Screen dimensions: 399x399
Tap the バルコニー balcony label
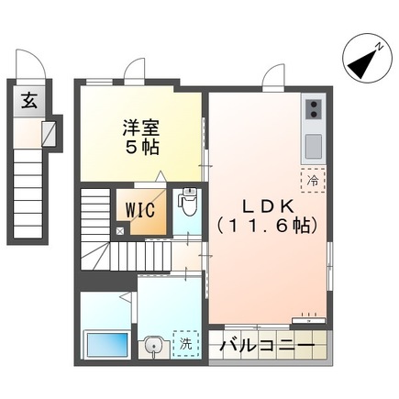[x=271, y=349]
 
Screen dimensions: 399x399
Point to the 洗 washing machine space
[x=185, y=346]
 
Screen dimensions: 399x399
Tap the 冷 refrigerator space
[x=312, y=181]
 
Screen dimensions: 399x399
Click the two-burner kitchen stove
[x=312, y=110]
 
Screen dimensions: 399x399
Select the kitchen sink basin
[x=312, y=145]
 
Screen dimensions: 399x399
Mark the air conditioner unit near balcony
[x=306, y=321]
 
